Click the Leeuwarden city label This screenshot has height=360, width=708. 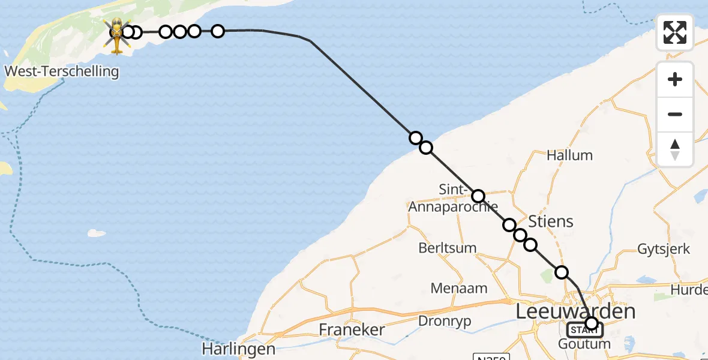(x=575, y=312)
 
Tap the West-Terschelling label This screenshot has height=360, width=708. (x=62, y=72)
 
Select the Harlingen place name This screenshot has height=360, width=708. (x=239, y=349)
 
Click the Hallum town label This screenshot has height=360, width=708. (x=569, y=155)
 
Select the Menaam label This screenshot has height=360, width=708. (x=459, y=289)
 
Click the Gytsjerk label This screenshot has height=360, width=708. (x=663, y=249)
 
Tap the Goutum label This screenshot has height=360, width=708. (x=584, y=344)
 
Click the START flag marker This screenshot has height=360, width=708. (x=583, y=329)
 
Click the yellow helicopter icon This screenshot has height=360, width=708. (x=116, y=35)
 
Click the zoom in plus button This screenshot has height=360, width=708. (x=675, y=79)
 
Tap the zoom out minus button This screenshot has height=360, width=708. (x=675, y=114)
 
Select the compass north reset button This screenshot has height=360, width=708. (x=675, y=149)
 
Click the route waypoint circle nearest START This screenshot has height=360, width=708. (x=592, y=324)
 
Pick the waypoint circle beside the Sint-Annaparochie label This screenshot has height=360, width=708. (x=478, y=196)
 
